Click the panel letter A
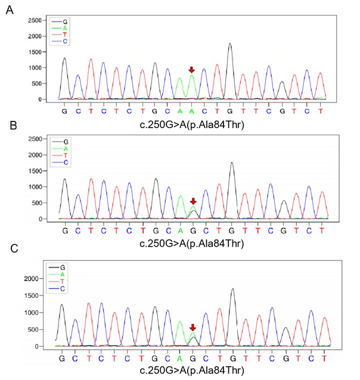[x=9, y=10]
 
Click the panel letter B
[x=9, y=127]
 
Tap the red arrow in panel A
[x=191, y=70]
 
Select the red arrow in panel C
[x=193, y=328]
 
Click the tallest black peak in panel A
[x=230, y=43]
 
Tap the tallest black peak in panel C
[x=231, y=290]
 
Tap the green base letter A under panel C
[x=179, y=358]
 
